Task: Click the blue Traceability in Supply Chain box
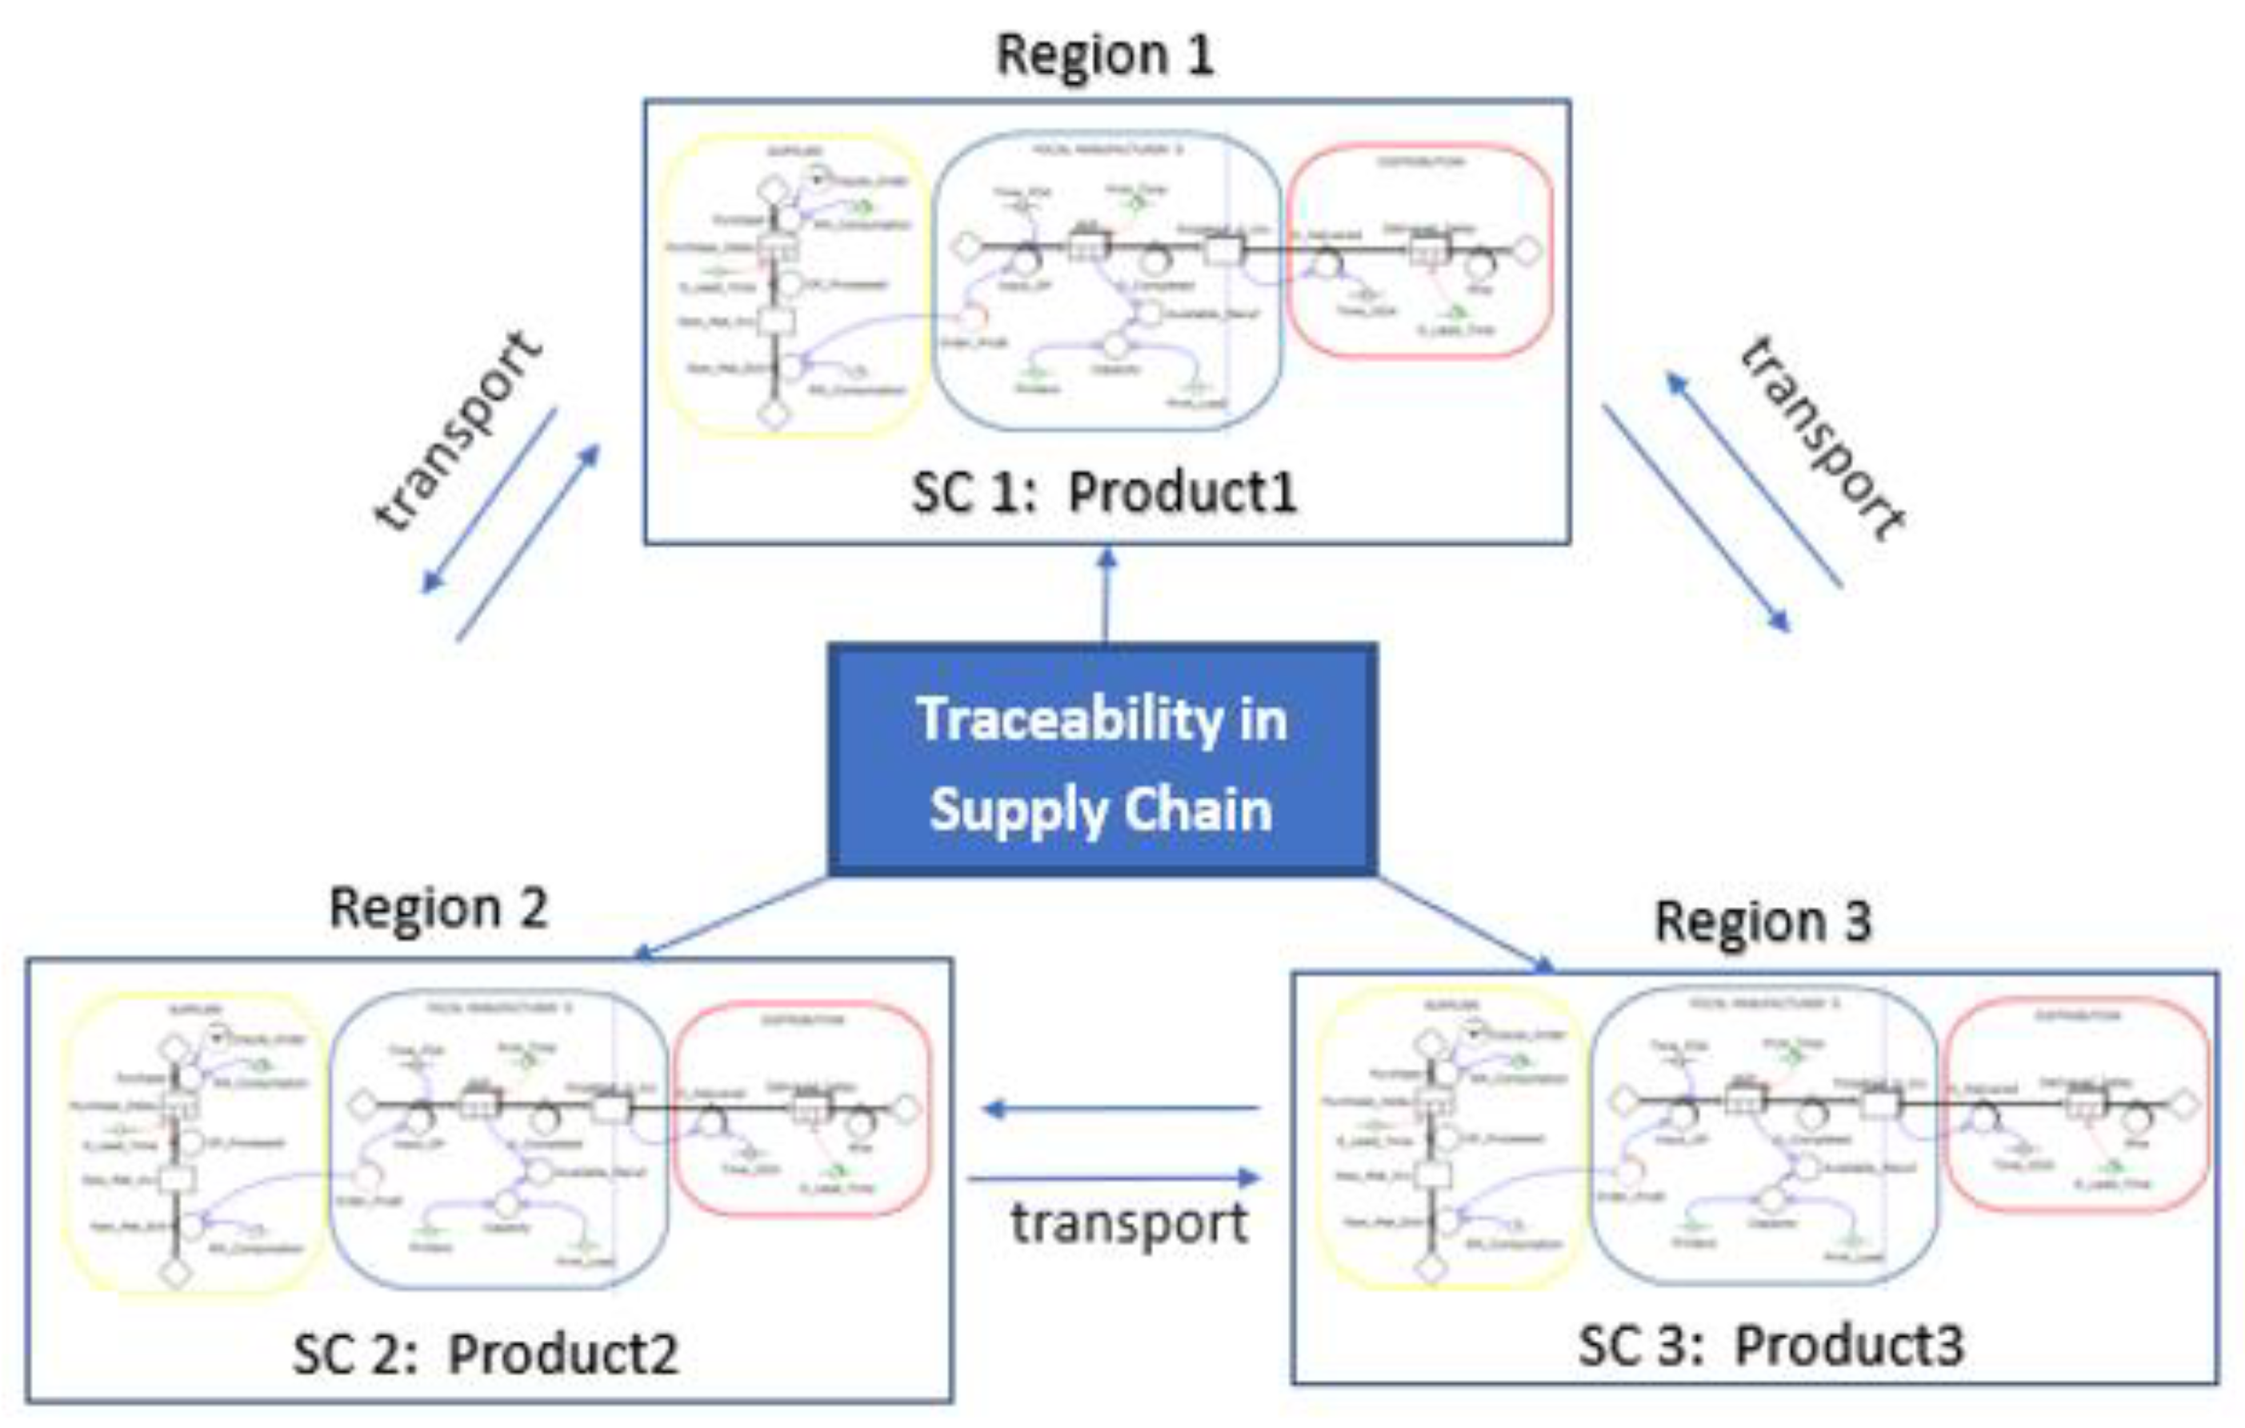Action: [1102, 760]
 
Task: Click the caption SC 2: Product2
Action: [485, 1354]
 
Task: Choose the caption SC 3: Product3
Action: [1771, 1345]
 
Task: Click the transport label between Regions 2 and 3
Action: [1130, 1223]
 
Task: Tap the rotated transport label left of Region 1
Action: [457, 431]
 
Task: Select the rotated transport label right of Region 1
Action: [1823, 438]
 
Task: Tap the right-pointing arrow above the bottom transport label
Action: [1114, 1178]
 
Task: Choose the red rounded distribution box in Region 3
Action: [2078, 1105]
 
